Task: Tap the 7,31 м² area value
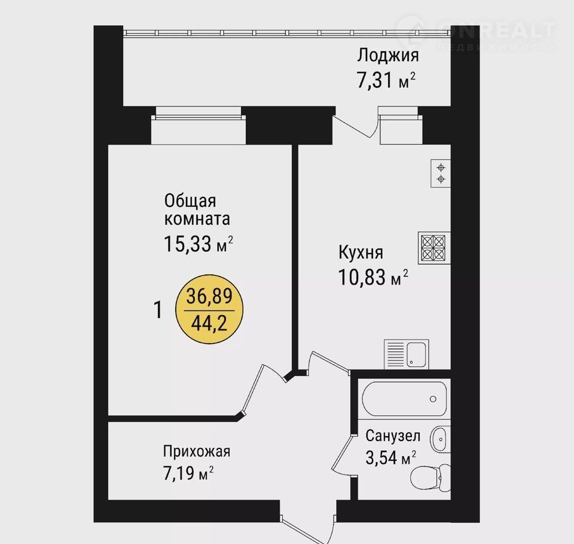click(x=386, y=80)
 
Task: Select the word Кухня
click(x=361, y=253)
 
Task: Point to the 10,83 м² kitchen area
click(x=373, y=277)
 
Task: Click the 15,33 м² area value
click(x=199, y=243)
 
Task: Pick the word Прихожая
click(x=197, y=451)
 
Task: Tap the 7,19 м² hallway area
click(x=188, y=473)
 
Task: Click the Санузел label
click(x=393, y=436)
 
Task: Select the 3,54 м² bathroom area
click(x=390, y=457)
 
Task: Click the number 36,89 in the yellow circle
click(x=209, y=296)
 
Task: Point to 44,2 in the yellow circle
click(x=209, y=323)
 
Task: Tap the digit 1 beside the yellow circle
click(x=158, y=310)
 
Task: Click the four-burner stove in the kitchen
click(x=434, y=248)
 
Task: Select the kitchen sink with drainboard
click(x=407, y=354)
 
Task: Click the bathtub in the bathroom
click(x=405, y=399)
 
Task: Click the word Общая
click(x=190, y=201)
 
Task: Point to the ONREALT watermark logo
click(x=476, y=33)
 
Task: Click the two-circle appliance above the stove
click(x=441, y=173)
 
